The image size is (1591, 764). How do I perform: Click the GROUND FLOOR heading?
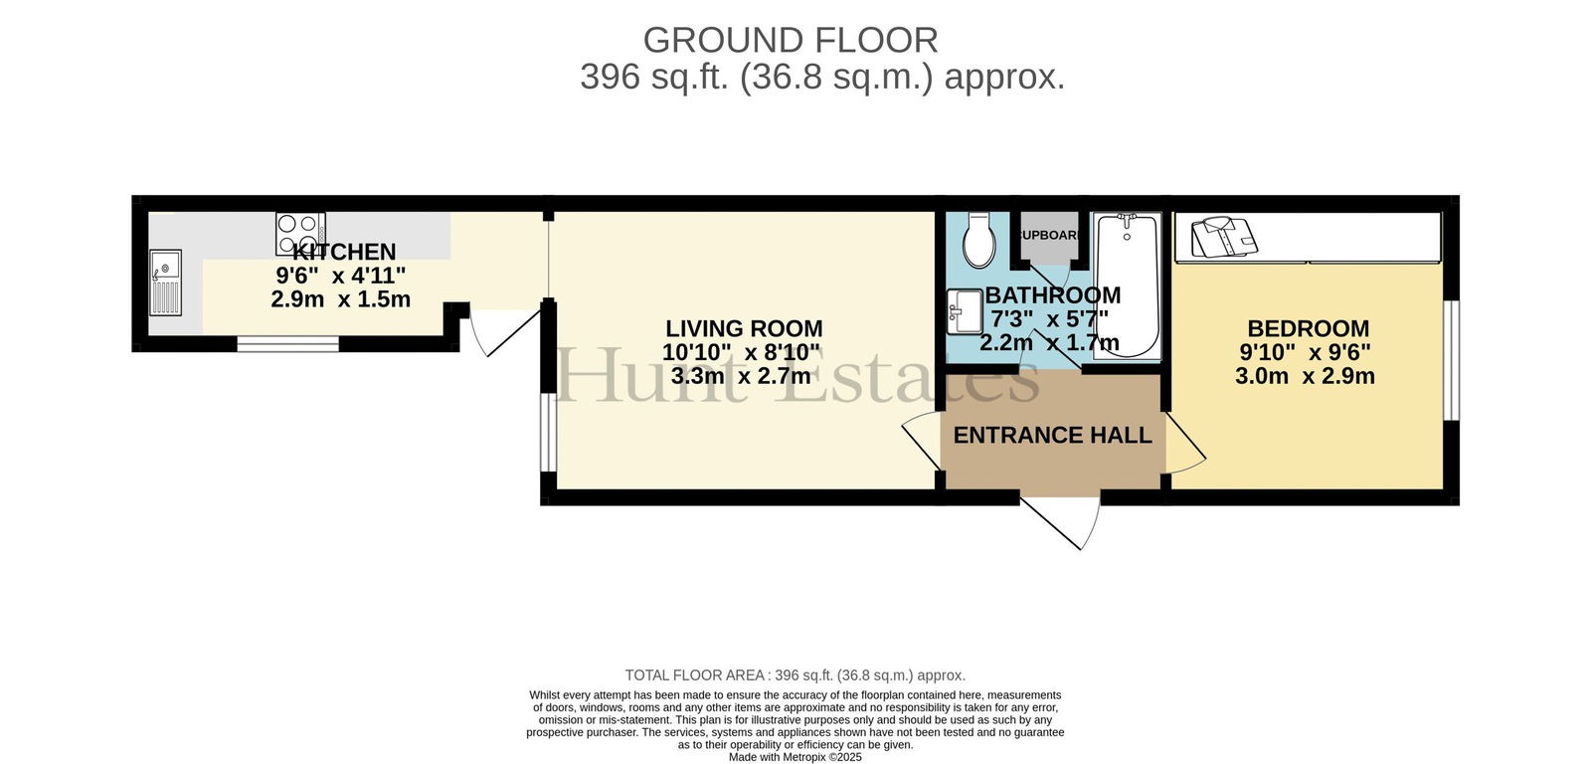(791, 41)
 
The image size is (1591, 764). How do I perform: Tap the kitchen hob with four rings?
(301, 233)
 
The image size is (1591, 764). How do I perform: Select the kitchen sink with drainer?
(165, 283)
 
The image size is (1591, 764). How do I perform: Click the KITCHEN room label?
(344, 252)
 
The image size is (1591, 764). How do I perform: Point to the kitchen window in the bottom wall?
(287, 344)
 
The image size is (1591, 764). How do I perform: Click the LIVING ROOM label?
(744, 328)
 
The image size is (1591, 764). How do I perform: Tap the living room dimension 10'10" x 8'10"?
(741, 352)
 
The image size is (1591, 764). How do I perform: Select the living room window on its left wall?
(548, 432)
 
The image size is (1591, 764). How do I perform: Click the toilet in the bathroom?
(978, 240)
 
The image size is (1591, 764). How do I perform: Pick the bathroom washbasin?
(965, 311)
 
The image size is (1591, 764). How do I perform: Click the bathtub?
(1127, 285)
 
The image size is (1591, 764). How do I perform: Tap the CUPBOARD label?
(1050, 235)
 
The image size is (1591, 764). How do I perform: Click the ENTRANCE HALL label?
(1052, 435)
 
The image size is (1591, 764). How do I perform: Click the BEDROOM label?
(1309, 328)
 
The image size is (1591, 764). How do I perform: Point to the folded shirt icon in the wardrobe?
(1224, 238)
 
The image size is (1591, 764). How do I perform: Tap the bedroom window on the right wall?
(1452, 360)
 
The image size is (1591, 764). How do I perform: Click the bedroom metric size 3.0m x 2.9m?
(1305, 375)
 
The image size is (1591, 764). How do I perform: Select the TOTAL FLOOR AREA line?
(795, 675)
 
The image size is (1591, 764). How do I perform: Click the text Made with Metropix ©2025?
(795, 758)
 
